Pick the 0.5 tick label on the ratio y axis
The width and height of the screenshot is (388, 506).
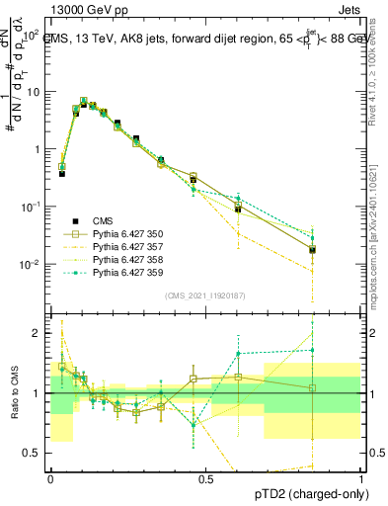(x=35, y=453)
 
